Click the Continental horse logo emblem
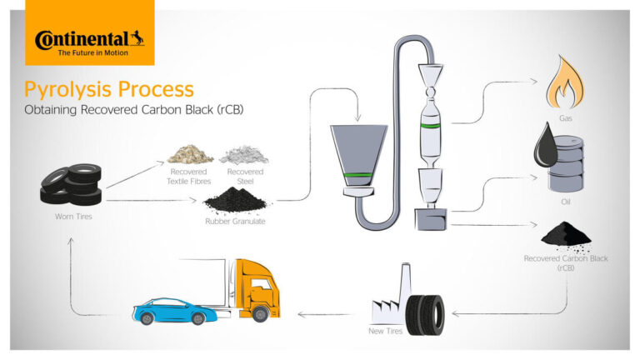point(137,38)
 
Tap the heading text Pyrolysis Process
point(109,89)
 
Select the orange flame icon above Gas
point(565,82)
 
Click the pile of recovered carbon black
point(566,236)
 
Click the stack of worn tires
point(71,185)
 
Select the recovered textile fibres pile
point(190,155)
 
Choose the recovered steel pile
point(244,155)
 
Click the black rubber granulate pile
point(235,200)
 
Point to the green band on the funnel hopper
point(358,175)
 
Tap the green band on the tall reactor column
point(431,125)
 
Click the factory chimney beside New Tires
point(405,285)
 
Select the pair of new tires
point(425,315)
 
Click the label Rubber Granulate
point(235,221)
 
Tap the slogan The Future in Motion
point(93,52)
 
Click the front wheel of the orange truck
point(260,314)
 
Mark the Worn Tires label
point(73,217)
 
